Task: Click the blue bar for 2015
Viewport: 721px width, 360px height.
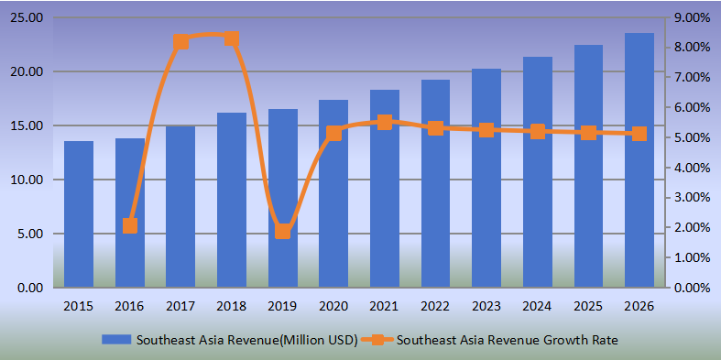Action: point(79,214)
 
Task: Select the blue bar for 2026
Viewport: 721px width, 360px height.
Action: point(639,160)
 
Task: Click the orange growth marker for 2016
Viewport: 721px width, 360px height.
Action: point(130,225)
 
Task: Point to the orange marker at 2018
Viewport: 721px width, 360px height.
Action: point(232,38)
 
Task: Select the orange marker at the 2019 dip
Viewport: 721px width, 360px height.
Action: point(283,231)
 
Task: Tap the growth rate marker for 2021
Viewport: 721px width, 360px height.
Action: point(385,122)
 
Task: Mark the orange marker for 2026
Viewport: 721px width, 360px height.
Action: point(639,133)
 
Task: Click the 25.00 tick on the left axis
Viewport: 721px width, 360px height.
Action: point(28,17)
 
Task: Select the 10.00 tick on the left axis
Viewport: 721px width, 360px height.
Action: point(28,180)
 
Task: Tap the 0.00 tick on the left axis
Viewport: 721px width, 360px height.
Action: point(31,288)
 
